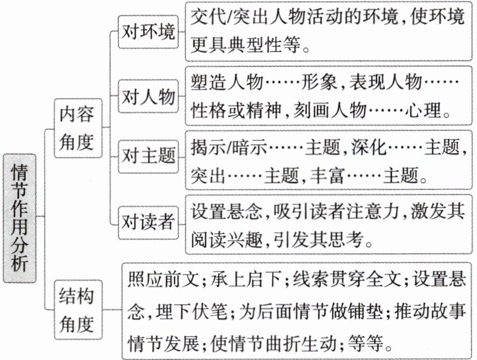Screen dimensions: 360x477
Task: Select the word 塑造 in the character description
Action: pyautogui.click(x=205, y=82)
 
